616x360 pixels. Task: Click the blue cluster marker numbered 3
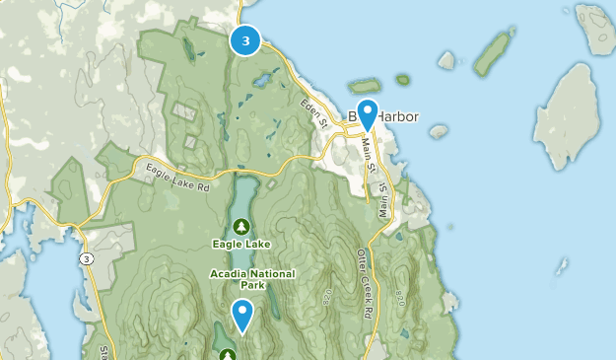(x=245, y=40)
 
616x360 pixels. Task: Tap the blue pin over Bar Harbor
(x=368, y=112)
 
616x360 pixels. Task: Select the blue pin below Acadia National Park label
(x=241, y=314)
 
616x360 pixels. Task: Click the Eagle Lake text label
(x=240, y=243)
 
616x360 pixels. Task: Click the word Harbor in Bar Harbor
(x=398, y=117)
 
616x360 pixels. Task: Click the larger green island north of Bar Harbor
(x=365, y=87)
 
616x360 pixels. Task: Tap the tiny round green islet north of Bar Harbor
(x=402, y=79)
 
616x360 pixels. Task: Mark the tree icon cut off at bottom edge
(x=228, y=354)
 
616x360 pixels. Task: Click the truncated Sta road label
(x=103, y=350)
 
